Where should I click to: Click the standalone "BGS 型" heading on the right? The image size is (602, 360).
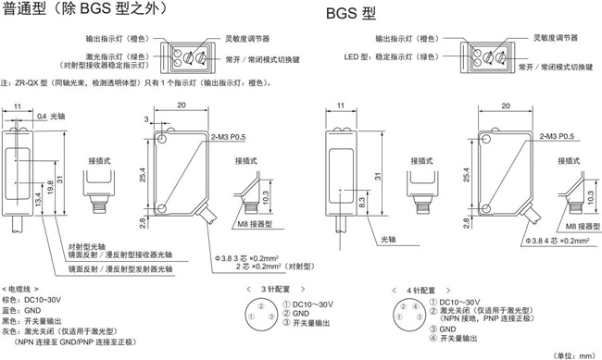pos(350,14)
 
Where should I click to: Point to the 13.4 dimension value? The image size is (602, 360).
pos(38,200)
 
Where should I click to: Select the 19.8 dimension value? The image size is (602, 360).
pos(50,187)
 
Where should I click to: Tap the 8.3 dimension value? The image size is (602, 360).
pos(361,203)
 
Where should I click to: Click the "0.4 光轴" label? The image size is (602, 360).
pos(51,117)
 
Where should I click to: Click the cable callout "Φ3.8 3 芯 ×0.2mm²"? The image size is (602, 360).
pos(247,258)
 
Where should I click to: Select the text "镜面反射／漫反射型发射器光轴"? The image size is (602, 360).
pos(120,269)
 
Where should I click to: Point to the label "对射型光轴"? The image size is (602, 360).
pos(87,247)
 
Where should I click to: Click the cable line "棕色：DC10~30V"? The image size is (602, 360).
pos(31,300)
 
